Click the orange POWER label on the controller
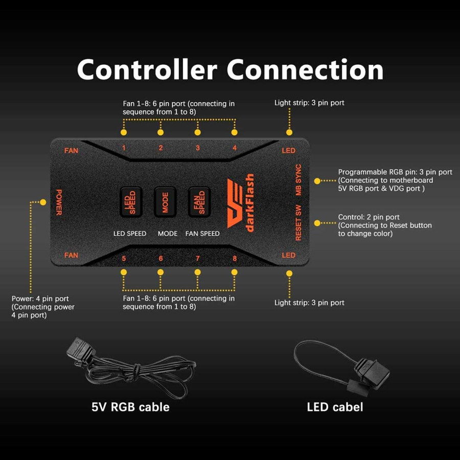59,202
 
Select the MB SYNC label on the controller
298,180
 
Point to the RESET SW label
298,223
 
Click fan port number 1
124,148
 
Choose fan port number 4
235,148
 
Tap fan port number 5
124,258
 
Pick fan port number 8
235,258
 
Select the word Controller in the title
147,70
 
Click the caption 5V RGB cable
130,407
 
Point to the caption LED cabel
335,407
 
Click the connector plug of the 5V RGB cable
80,349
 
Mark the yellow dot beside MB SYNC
317,180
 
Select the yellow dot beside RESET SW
317,223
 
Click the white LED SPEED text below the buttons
130,234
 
